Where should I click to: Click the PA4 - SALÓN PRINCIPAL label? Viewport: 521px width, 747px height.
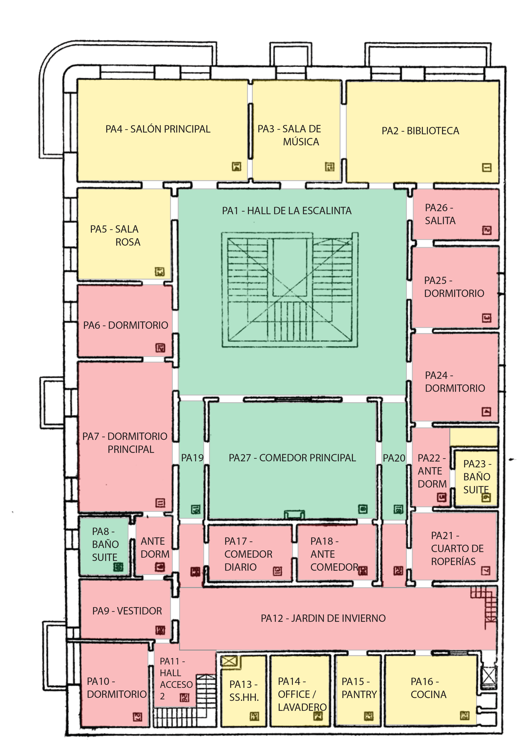[158, 129]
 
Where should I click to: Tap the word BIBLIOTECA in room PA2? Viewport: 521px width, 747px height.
[433, 131]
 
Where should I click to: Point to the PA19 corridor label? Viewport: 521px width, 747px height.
[192, 458]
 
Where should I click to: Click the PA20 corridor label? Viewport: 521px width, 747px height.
[394, 458]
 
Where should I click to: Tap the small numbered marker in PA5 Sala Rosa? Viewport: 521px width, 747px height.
[159, 271]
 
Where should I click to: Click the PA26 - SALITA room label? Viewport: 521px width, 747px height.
[440, 214]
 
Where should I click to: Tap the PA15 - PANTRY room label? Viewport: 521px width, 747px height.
[359, 688]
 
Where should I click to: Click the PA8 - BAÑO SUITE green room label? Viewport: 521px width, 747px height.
[105, 544]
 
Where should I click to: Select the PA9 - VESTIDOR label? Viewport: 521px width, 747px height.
[127, 611]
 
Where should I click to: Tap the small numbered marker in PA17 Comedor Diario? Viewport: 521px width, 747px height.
[277, 571]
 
